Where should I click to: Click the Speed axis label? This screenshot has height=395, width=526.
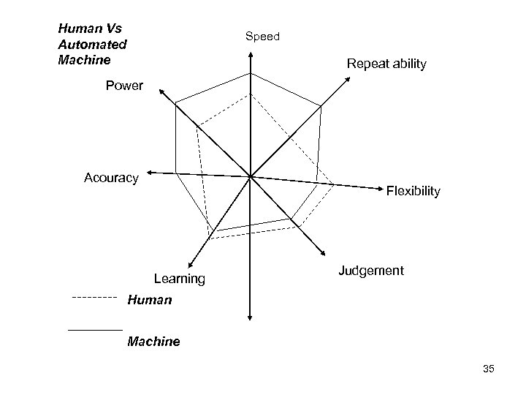point(262,36)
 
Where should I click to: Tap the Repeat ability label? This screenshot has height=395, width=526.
point(386,64)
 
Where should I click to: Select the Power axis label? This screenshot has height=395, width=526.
point(124,86)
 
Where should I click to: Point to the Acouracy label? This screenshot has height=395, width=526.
point(111,178)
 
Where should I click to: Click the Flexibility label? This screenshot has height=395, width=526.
point(413,191)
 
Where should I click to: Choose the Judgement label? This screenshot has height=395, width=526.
point(371,271)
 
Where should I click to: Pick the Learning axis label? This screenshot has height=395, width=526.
point(180,279)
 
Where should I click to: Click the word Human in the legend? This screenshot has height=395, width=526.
point(150,299)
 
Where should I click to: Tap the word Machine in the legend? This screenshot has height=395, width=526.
point(153,341)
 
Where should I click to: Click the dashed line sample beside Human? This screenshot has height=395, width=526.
point(95,298)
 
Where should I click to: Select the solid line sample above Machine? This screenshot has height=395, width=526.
point(95,331)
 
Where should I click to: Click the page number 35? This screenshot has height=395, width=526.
point(489,369)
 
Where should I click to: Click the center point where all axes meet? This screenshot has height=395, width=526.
point(250,176)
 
